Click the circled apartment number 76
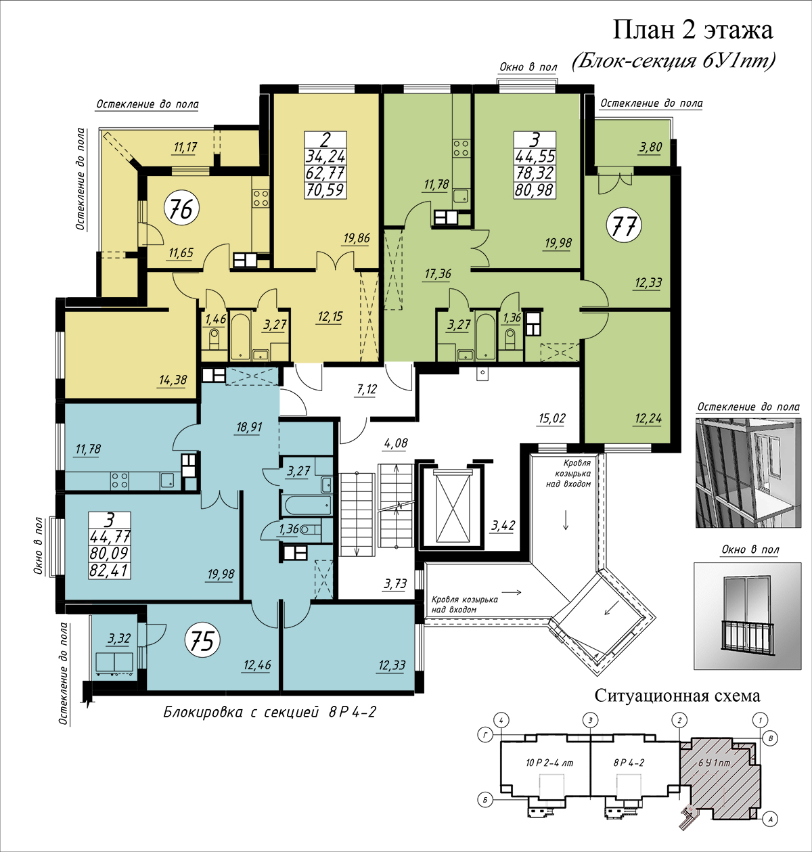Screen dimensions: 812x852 click(x=181, y=209)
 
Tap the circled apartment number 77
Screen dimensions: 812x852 click(x=624, y=225)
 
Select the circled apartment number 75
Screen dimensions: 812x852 click(x=202, y=641)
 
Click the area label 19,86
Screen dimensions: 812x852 click(x=357, y=238)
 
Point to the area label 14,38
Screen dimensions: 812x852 click(x=173, y=380)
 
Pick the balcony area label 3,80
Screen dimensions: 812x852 click(x=651, y=147)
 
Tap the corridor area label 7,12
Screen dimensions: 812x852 click(x=367, y=389)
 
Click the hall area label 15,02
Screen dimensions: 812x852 click(x=551, y=418)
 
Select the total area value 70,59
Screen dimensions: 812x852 click(x=325, y=189)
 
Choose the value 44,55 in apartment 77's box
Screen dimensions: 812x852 click(x=535, y=156)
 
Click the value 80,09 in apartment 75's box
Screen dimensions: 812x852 click(x=109, y=554)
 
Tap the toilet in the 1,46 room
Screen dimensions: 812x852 click(x=214, y=339)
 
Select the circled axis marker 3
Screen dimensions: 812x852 click(x=590, y=720)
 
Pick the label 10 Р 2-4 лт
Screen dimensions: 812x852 click(x=549, y=763)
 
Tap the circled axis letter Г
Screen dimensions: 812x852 click(x=485, y=735)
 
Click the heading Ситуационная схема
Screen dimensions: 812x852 click(x=677, y=696)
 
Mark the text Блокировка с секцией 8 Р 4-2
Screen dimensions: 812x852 click(x=269, y=712)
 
